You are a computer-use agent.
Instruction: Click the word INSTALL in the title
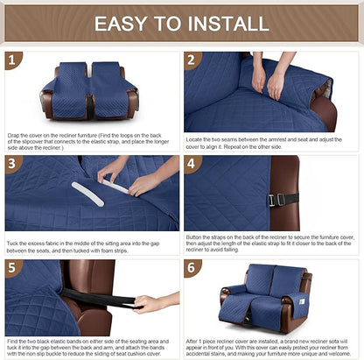[231, 24]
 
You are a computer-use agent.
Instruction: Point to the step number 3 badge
[13, 164]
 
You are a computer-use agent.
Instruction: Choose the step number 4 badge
[193, 164]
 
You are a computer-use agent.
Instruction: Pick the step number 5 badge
[13, 267]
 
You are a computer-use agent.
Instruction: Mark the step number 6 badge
[193, 267]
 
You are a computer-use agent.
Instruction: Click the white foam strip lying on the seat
[87, 193]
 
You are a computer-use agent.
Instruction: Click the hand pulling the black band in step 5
[150, 304]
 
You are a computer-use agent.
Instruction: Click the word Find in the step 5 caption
[14, 339]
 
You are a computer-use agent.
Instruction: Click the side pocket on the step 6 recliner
[308, 300]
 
